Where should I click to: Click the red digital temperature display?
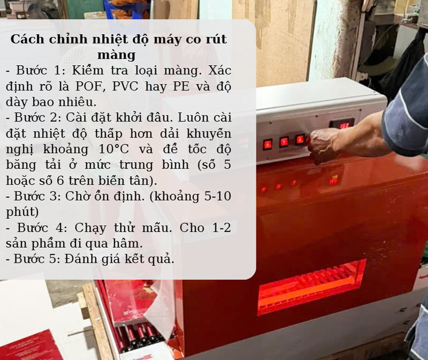pos(342,124)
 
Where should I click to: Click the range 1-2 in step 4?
pos(219,227)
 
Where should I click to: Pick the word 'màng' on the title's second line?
pos(117,55)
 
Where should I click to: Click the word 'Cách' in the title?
pos(26,40)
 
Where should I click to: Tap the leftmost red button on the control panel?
pos(267,143)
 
